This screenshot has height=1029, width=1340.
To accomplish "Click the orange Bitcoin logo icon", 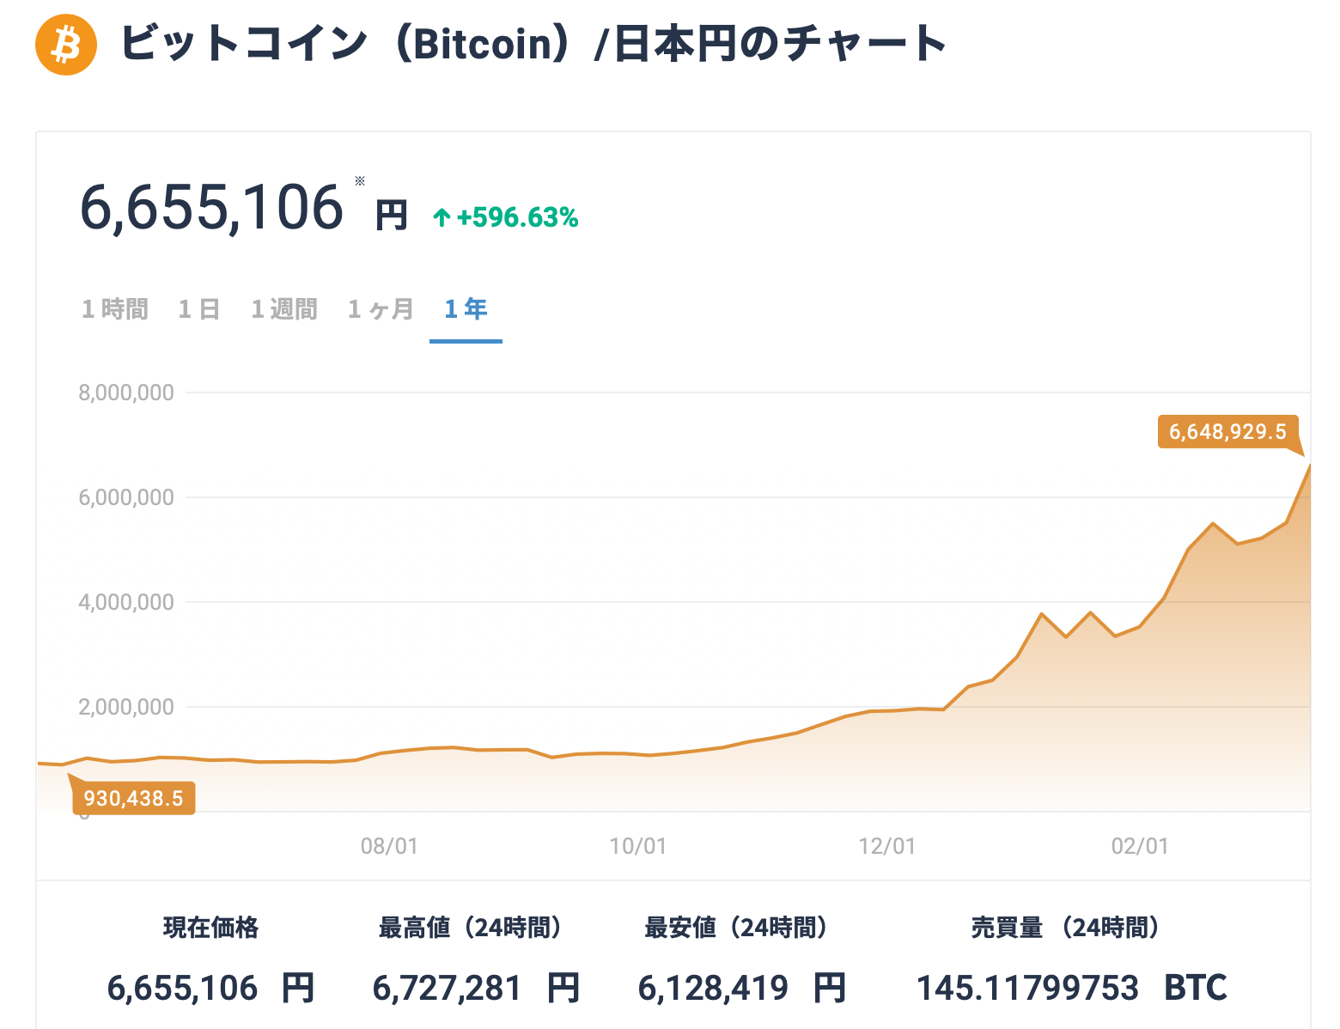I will point(65,44).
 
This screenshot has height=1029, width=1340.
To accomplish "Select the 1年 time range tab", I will point(466,309).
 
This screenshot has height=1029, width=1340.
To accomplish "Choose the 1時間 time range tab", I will point(115,309).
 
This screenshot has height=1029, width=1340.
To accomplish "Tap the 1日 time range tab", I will point(199,309).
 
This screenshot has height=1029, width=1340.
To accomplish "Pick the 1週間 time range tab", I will point(284,309).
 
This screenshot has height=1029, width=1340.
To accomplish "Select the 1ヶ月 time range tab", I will point(381,309).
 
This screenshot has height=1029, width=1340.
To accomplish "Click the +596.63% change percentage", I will point(516,218).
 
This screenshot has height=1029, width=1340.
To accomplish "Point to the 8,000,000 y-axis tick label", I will point(126,393).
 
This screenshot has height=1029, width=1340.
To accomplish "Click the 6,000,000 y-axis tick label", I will point(126,498).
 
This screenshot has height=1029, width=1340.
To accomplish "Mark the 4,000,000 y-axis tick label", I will point(126,603).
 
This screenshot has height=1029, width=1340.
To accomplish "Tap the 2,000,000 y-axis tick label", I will point(126,708).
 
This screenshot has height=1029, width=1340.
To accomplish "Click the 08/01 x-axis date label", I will point(389,847).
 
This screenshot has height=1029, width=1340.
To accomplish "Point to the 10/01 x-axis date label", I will point(638,847).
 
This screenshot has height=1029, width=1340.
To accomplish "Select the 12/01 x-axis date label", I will point(887,847).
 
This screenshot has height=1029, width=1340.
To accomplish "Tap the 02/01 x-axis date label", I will point(1140,847).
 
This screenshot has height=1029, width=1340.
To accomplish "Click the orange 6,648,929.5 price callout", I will point(1227,431).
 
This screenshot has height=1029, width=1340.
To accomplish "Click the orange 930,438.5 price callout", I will point(133,799).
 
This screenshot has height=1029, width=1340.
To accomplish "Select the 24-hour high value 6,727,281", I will point(447,989).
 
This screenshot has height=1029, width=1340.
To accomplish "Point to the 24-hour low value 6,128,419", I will point(713,989).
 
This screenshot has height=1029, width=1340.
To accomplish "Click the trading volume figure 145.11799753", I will point(1027,989).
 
